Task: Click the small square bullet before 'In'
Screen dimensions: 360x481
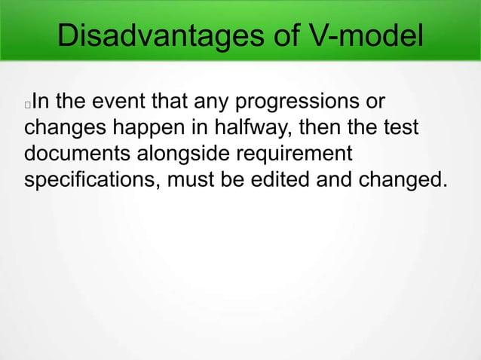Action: [x=28, y=104]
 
